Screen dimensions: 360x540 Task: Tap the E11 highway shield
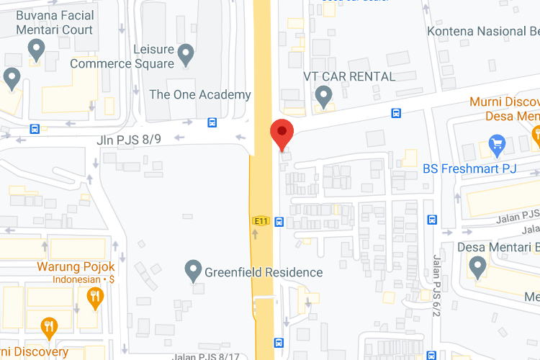click(260, 221)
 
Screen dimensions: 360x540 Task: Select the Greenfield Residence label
click(264, 273)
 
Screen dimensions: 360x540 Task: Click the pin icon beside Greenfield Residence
click(192, 271)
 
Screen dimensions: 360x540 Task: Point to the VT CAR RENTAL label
click(349, 76)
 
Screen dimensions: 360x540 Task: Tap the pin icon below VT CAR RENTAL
click(324, 95)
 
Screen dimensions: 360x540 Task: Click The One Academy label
click(200, 94)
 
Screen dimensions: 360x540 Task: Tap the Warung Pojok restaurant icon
click(94, 297)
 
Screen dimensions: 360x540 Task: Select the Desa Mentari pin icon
click(476, 268)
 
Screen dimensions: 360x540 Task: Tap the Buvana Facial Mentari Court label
click(55, 23)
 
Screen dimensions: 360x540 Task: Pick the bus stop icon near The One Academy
click(212, 122)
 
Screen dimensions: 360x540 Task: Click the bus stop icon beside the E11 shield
click(279, 222)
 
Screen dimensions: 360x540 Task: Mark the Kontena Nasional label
click(482, 31)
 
